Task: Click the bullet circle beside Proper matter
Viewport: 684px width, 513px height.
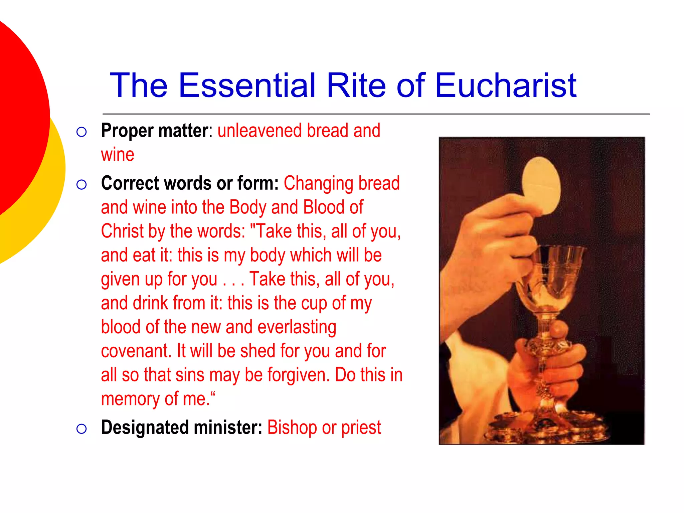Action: [81, 132]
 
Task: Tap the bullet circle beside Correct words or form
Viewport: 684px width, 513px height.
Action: [81, 185]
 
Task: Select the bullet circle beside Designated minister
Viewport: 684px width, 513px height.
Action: [81, 429]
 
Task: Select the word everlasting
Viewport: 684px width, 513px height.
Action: [297, 327]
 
